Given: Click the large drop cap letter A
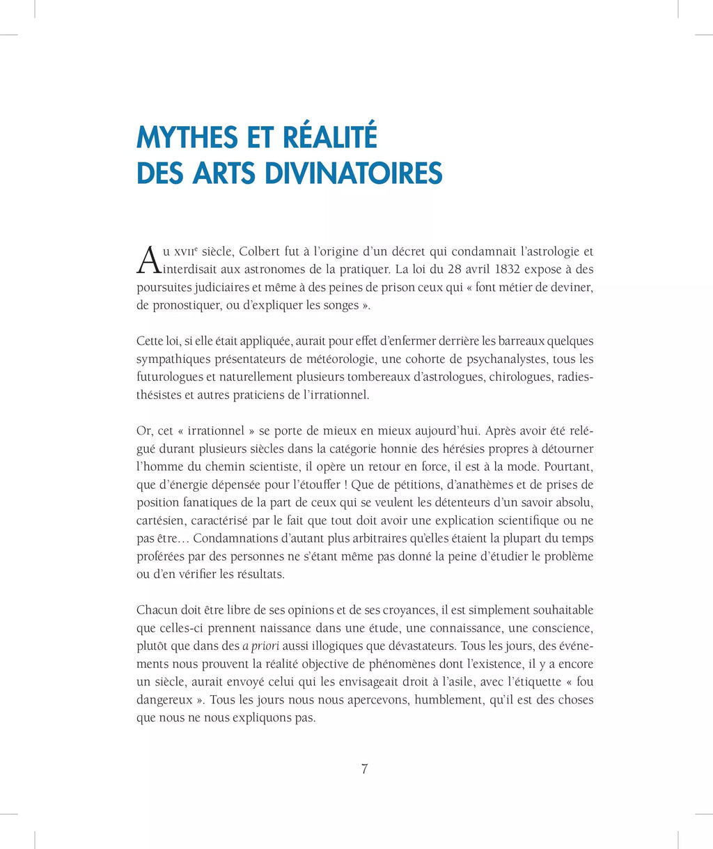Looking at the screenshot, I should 148,260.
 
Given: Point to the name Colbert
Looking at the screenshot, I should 262,251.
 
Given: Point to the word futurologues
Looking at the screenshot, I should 168,377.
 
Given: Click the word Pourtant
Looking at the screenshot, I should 569,467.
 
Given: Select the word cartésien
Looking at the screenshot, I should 159,521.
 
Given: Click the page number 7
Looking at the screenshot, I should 364,770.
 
